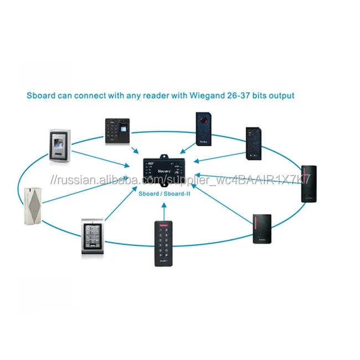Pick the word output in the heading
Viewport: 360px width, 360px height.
280,95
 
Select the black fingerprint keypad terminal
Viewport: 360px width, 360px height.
118,131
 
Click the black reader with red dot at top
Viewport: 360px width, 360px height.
204,129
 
